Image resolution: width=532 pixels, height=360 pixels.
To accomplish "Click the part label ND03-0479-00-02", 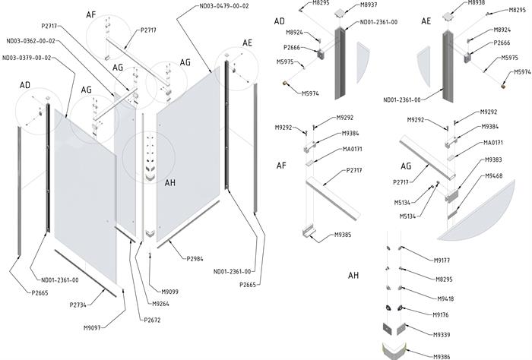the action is click(224, 6).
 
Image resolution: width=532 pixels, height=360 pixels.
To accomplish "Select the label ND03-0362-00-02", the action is click(30, 41).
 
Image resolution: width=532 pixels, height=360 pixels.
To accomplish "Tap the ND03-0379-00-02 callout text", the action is click(27, 58).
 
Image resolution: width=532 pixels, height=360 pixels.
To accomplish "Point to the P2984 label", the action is click(195, 259).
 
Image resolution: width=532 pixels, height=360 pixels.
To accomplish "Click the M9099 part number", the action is click(169, 292).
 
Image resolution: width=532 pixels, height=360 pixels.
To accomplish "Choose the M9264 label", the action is click(160, 304).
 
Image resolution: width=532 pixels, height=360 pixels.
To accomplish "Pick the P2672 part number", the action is click(152, 320).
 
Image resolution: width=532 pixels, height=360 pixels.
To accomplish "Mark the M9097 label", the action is click(92, 328).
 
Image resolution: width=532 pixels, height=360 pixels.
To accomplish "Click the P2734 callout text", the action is click(78, 305).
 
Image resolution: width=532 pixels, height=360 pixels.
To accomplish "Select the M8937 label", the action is click(368, 5).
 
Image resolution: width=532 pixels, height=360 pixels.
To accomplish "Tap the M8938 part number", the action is click(477, 3).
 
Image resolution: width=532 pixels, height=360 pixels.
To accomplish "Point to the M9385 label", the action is click(343, 235).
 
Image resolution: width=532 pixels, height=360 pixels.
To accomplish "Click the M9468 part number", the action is click(494, 175).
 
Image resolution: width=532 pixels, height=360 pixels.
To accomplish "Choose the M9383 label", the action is click(493, 159).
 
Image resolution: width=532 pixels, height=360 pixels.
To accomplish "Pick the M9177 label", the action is click(442, 261).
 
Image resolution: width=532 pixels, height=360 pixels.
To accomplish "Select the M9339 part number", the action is click(442, 335).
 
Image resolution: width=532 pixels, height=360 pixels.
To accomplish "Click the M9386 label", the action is click(442, 357).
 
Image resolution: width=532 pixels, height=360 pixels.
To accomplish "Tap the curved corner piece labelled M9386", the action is click(395, 351).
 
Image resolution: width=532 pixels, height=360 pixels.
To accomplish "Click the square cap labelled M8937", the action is click(340, 13).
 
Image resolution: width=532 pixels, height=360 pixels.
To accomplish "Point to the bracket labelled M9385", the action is click(309, 233).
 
